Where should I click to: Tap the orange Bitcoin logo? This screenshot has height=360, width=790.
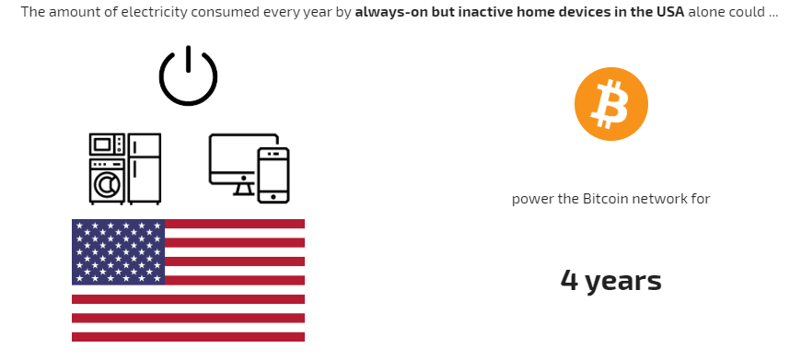(x=611, y=104)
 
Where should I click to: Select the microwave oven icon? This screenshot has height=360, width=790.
(x=107, y=145)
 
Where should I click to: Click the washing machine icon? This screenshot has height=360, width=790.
(x=107, y=181)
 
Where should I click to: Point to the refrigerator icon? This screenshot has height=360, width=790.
(x=145, y=168)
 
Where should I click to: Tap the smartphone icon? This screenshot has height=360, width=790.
(x=273, y=175)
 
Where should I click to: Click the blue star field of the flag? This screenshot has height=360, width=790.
(x=119, y=251)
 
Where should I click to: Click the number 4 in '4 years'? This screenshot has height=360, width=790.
(x=569, y=281)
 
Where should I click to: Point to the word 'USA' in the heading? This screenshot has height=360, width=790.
(x=670, y=12)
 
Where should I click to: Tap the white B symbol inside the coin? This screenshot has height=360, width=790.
(x=611, y=104)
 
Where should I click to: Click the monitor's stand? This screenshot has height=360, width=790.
(x=244, y=189)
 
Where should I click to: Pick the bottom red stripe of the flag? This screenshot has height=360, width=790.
(x=189, y=337)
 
